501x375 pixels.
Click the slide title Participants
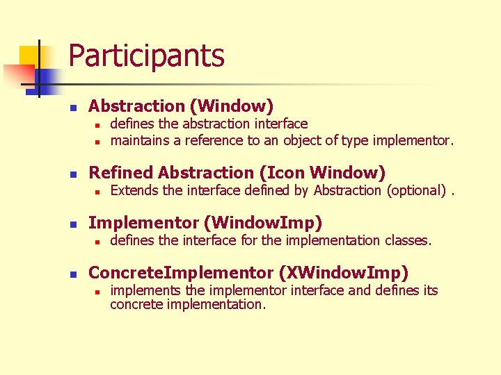click(146, 56)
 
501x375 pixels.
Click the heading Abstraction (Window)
click(181, 106)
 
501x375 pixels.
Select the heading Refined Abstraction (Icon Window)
click(237, 172)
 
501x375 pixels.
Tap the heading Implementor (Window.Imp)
click(205, 223)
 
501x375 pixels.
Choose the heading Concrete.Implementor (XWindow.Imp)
click(248, 272)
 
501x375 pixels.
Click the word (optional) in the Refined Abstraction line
click(415, 190)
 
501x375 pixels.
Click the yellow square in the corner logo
click(28, 56)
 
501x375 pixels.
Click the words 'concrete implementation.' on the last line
click(188, 304)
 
